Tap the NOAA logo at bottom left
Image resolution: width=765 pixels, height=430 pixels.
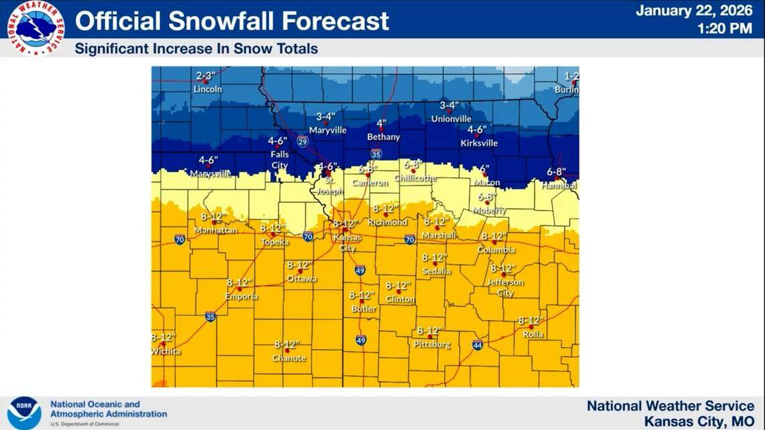[x=24, y=411]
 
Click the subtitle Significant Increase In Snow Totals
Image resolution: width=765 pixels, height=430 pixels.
[x=196, y=49]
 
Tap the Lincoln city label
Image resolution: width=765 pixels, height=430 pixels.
[x=207, y=89]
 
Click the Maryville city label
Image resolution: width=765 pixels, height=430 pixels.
[x=327, y=130]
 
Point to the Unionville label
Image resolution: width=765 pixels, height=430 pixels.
[x=451, y=119]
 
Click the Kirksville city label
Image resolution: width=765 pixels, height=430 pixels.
[x=479, y=143]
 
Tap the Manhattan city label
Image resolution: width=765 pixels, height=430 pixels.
[x=215, y=230]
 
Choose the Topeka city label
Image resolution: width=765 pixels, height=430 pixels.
[x=274, y=241]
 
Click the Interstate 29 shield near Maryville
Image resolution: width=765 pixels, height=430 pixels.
[x=303, y=141]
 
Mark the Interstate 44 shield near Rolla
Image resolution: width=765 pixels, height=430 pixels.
[x=477, y=345]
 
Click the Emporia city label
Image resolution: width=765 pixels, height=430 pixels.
[x=241, y=296]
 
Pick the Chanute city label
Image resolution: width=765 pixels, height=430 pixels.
[x=289, y=358]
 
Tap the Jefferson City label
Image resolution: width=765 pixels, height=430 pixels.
[x=505, y=288]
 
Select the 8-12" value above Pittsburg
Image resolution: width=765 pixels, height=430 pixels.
[x=428, y=331]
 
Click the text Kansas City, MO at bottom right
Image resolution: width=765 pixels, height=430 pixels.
[x=699, y=421]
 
